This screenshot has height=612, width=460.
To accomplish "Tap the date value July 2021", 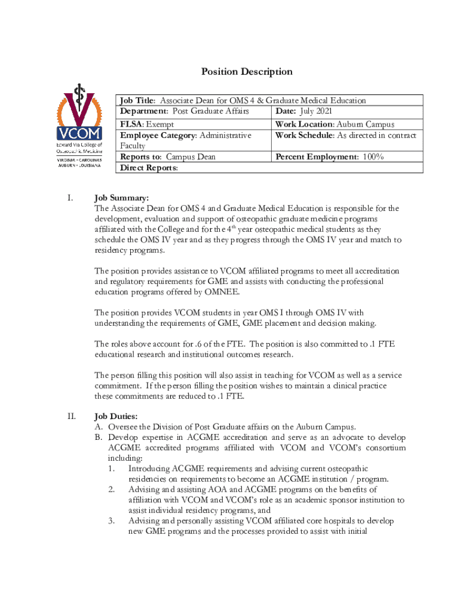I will click(315, 111).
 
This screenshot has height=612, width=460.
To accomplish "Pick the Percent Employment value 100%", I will click(368, 157).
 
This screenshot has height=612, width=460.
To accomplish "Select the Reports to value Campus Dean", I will click(191, 157).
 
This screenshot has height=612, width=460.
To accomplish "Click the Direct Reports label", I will click(149, 168).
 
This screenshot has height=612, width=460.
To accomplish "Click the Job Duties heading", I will click(116, 416).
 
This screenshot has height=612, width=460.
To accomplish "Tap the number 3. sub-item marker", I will click(112, 521).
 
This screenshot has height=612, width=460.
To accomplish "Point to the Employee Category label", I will click(158, 135).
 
